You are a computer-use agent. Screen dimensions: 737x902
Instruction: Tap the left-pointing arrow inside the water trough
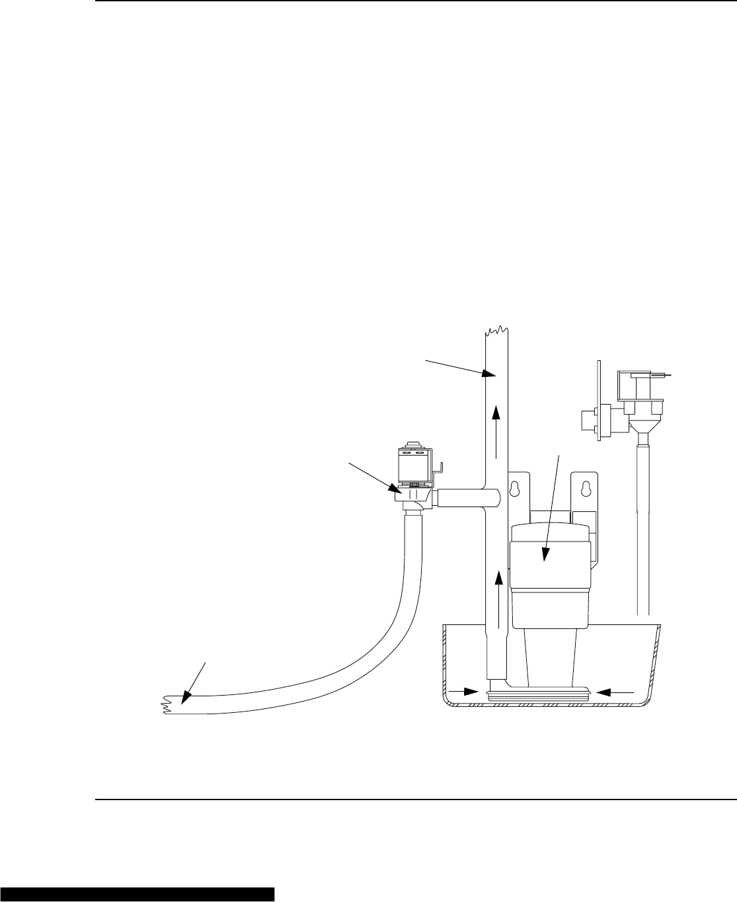[615, 692]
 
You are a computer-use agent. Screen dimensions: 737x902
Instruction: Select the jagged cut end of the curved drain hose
[165, 704]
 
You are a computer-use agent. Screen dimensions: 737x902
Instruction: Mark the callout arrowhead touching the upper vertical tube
[488, 374]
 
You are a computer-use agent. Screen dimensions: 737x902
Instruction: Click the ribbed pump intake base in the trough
[540, 695]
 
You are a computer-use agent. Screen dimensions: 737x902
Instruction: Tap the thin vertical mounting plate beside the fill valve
[599, 403]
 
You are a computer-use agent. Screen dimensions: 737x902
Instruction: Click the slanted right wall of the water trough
[656, 661]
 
